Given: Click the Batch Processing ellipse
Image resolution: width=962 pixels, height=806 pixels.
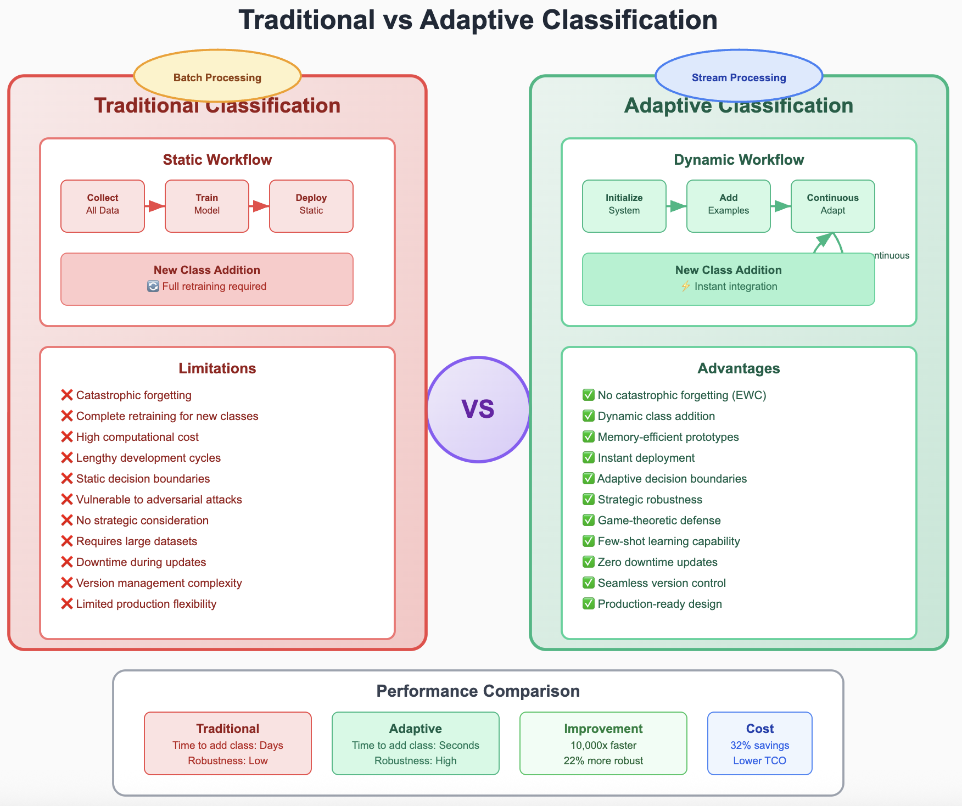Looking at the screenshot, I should click(x=217, y=77).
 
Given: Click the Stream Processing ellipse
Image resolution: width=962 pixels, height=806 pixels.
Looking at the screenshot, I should click(x=739, y=77).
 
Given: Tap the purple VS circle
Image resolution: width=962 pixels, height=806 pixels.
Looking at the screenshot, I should click(x=478, y=410).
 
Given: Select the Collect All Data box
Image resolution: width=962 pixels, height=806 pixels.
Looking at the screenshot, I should click(x=103, y=206).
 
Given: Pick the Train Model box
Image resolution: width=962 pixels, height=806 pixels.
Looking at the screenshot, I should click(x=207, y=206).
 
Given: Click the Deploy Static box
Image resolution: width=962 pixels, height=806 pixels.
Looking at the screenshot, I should click(x=311, y=206).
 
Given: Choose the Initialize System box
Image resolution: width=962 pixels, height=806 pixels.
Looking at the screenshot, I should click(x=624, y=206).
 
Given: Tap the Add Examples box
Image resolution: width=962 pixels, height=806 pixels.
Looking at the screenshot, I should click(x=729, y=206).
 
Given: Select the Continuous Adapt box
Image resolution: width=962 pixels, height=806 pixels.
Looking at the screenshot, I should click(x=833, y=206).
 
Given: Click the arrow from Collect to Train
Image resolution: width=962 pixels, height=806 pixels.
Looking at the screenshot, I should click(x=155, y=206).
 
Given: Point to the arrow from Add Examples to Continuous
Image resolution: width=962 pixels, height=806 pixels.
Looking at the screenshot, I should click(x=781, y=206).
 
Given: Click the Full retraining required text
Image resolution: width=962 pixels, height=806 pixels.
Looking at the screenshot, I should click(x=214, y=287).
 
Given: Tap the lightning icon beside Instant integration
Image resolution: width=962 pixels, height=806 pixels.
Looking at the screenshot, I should click(x=685, y=287).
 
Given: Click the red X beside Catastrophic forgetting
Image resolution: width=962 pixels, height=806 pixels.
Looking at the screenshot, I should click(x=67, y=395).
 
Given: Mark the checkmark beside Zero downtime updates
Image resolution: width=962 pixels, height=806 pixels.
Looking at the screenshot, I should click(x=589, y=562).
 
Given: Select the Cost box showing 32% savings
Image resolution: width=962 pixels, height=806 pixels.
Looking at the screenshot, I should click(x=759, y=743).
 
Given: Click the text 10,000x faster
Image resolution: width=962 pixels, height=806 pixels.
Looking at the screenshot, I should click(x=603, y=746).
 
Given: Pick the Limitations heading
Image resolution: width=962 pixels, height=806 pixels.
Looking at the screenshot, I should click(x=217, y=368).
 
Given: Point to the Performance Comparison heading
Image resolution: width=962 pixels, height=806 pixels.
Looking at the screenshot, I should click(x=478, y=691).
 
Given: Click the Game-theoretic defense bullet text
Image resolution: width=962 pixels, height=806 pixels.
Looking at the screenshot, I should click(x=659, y=520).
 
